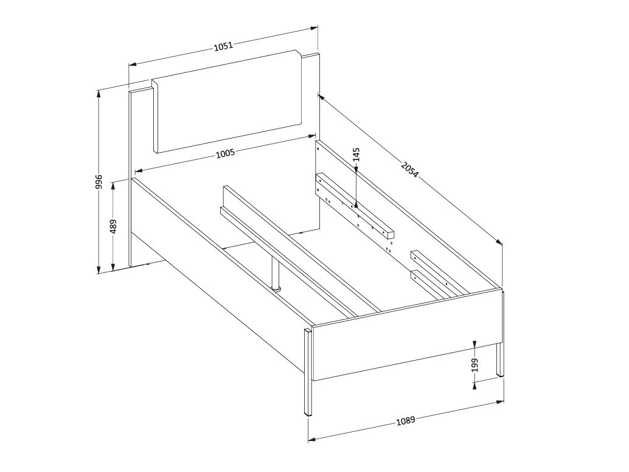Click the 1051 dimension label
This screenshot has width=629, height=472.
pos(224,45)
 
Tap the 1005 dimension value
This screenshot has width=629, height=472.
pos(225,153)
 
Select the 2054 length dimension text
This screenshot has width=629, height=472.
pos(410,168)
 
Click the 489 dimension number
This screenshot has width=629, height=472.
pos(113,226)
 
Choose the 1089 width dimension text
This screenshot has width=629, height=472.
pos(406,420)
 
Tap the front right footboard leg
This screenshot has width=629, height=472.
pos(501,359)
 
